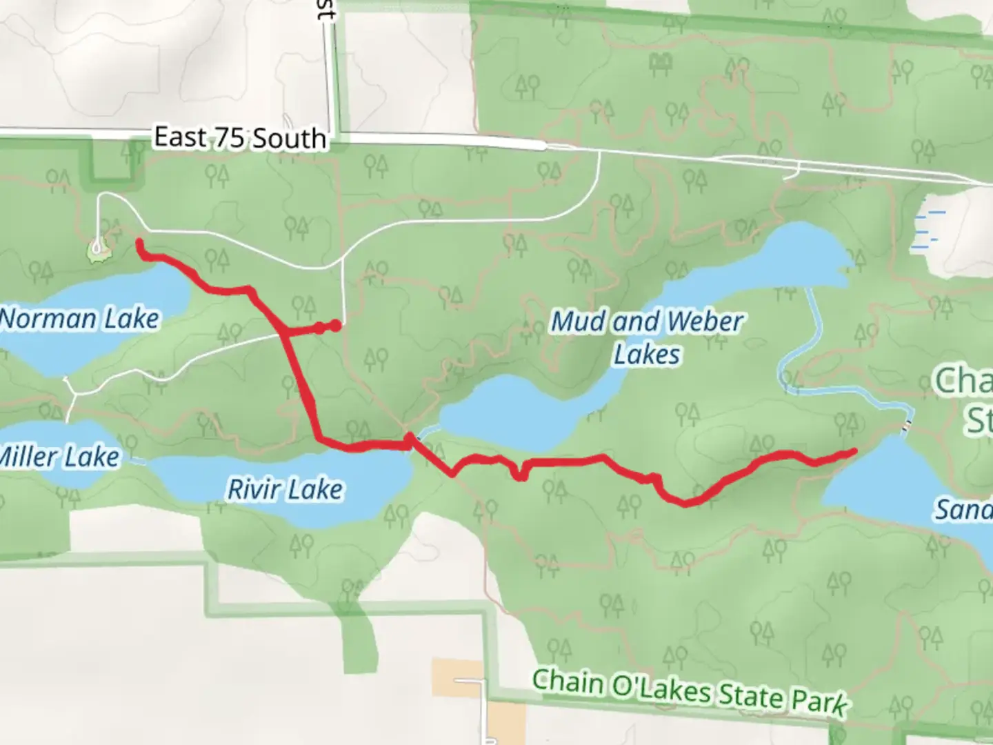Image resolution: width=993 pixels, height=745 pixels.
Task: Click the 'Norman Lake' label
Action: coord(80,319)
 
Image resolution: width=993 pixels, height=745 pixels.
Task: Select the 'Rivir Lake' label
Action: coord(285,489)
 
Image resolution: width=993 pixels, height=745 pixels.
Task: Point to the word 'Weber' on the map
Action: coord(705,321)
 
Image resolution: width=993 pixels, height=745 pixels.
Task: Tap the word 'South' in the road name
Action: coord(288,139)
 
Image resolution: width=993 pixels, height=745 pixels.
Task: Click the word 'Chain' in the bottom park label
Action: coord(567,682)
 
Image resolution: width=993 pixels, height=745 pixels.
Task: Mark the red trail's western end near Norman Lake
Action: coord(140,243)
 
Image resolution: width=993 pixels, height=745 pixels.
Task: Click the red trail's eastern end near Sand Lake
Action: coord(854,452)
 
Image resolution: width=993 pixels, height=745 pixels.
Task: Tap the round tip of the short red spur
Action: coord(335,326)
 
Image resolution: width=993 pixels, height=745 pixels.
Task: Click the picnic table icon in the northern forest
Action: coord(661,63)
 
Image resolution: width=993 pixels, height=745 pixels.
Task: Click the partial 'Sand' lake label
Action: coord(963,510)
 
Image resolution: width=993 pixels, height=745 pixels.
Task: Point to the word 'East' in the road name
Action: coord(179,136)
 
